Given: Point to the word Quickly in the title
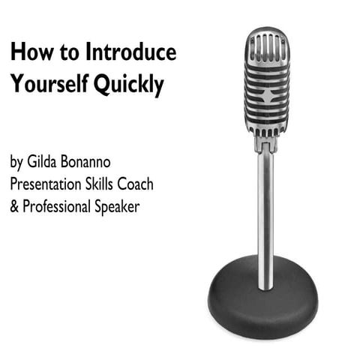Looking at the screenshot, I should click(128, 86).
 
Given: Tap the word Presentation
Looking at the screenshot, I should click(51, 184).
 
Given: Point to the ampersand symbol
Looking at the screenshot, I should click(15, 206).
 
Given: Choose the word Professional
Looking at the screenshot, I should click(62, 207).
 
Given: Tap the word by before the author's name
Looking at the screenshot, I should click(17, 163).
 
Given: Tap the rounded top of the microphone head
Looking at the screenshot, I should click(267, 34).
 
